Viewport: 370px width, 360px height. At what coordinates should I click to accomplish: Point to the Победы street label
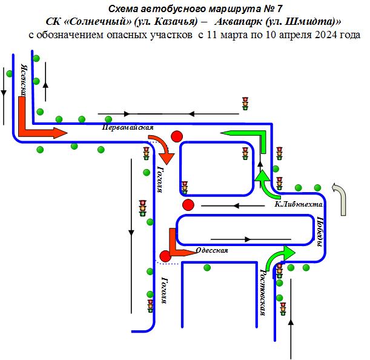[x=320, y=232]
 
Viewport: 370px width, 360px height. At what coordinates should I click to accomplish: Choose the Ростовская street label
[x=263, y=293]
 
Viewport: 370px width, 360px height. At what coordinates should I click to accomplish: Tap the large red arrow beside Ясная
[x=33, y=124]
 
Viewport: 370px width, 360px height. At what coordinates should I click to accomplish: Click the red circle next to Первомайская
[x=177, y=136]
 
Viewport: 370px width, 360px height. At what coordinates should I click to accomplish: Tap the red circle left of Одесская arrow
[x=165, y=256]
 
